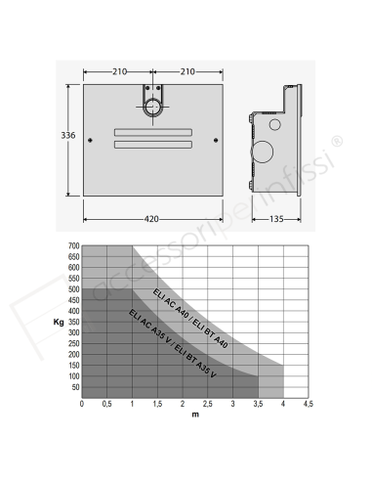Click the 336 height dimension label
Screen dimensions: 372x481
pyautogui.click(x=68, y=135)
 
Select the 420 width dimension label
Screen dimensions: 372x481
pyautogui.click(x=151, y=219)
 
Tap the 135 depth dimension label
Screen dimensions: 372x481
pyautogui.click(x=276, y=219)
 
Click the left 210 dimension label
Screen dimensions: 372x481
pyautogui.click(x=120, y=71)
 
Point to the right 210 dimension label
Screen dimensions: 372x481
pyautogui.click(x=187, y=71)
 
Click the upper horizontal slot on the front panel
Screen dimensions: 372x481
pyautogui.click(x=153, y=132)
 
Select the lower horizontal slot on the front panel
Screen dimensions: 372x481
pyautogui.click(x=153, y=145)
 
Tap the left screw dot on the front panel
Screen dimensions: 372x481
pyautogui.click(x=90, y=140)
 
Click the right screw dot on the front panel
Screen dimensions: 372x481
pyautogui.click(x=216, y=140)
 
